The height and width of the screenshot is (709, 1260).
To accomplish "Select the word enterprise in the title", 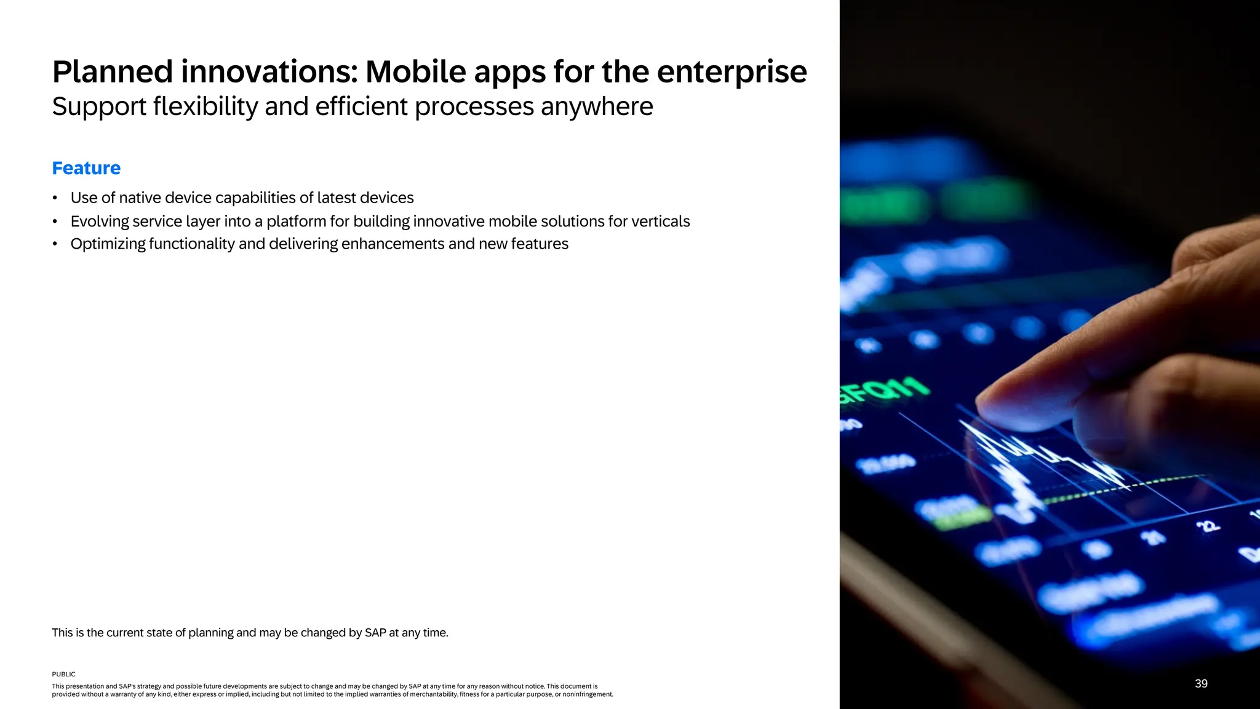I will (x=732, y=72).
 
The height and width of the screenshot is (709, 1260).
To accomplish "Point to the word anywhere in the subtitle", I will (x=597, y=106).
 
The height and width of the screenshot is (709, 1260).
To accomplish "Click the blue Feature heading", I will (x=86, y=168).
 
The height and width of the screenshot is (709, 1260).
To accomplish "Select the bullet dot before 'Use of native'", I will (x=55, y=198).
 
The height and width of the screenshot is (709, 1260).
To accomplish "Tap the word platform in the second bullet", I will (x=296, y=222).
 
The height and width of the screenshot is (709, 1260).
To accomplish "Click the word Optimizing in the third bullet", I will (x=108, y=244).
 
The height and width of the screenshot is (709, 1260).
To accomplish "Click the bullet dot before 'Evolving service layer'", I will (x=55, y=222).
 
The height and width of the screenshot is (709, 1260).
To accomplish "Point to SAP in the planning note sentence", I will (x=375, y=633).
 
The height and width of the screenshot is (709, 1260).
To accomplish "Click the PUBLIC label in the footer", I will (x=63, y=675).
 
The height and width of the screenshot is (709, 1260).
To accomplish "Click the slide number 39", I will (x=1201, y=684).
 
